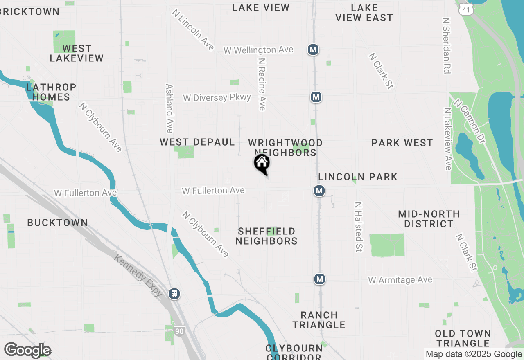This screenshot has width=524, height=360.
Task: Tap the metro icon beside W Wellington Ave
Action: coord(313,50)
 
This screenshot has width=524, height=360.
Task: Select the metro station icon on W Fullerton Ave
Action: coord(319,191)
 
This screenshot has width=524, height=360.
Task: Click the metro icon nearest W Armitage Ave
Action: coord(320,279)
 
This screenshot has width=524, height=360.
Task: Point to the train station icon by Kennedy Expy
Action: coord(174,294)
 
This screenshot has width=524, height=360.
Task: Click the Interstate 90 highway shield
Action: coord(179,331)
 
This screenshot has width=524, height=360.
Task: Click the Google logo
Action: coord(27,351)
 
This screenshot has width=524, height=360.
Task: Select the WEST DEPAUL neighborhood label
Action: coord(197,142)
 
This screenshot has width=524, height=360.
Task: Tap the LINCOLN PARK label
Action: coord(358,177)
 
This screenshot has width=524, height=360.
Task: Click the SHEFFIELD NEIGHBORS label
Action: coord(267,236)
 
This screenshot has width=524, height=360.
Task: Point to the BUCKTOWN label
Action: coord(57,223)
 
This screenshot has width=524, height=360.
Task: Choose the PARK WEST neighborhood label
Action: coord(402,143)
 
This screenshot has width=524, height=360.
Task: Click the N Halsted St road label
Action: coord(359,227)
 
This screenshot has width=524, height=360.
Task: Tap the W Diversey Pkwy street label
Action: coord(217,98)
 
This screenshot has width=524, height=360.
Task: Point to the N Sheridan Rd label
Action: coord(447,45)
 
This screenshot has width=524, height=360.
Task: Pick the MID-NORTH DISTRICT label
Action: coord(429,219)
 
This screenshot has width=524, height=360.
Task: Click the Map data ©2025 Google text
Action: coord(474,354)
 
